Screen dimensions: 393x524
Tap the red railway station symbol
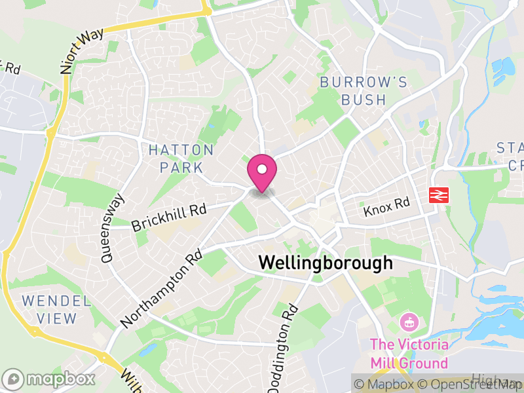coord(437,195)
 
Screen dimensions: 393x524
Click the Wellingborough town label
coord(326,263)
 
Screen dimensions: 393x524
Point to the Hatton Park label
coord(181,159)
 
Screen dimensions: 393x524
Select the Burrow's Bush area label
coord(364,91)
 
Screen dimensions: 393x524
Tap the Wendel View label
coord(56,310)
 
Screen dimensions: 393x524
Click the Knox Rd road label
coord(386,206)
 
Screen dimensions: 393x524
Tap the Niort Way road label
coord(81,49)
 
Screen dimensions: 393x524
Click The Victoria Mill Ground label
coord(409,354)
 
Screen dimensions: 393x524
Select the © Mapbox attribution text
coord(387,384)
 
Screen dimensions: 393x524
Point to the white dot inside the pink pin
coord(262,169)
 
